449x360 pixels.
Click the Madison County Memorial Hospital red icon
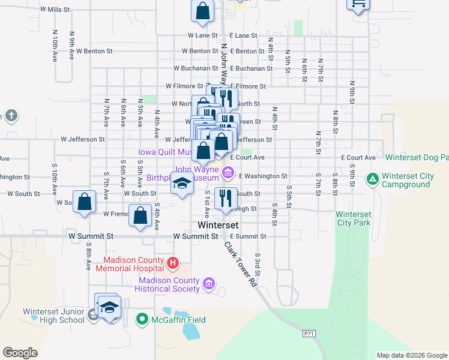pos(173,263)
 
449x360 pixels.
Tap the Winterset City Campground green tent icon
pos(372,179)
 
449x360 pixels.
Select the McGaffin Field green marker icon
pos(142,319)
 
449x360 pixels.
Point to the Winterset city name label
pos(218,225)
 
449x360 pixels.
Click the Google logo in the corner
pos(20,353)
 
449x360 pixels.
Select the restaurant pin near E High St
pos(226,199)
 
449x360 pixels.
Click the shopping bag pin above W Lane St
pos(203,10)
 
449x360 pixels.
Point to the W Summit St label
pos(195,236)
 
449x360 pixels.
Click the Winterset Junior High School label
pos(54,316)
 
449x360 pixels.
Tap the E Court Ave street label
pos(358,158)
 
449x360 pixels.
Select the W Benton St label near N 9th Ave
pos(94,52)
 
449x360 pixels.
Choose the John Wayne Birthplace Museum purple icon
pos(228,174)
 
